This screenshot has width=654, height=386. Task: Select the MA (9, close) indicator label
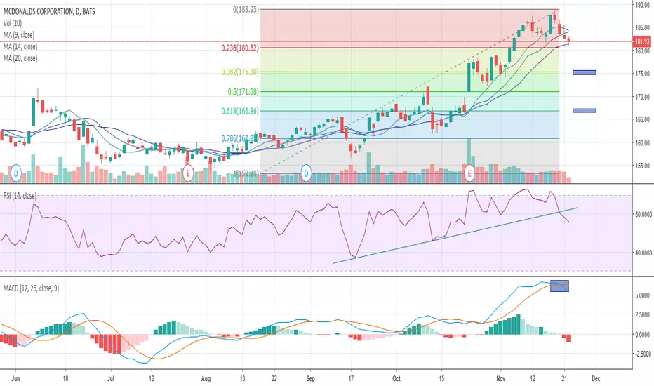[25, 32]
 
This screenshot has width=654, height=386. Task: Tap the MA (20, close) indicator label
[26, 57]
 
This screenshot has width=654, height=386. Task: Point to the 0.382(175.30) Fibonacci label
[235, 72]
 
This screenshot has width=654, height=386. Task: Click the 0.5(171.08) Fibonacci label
[241, 91]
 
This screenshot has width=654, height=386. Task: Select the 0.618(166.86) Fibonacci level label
[236, 111]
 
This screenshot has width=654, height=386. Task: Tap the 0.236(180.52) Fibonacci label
[235, 48]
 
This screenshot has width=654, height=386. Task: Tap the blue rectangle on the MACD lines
[560, 286]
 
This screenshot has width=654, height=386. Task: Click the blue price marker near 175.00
[584, 72]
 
